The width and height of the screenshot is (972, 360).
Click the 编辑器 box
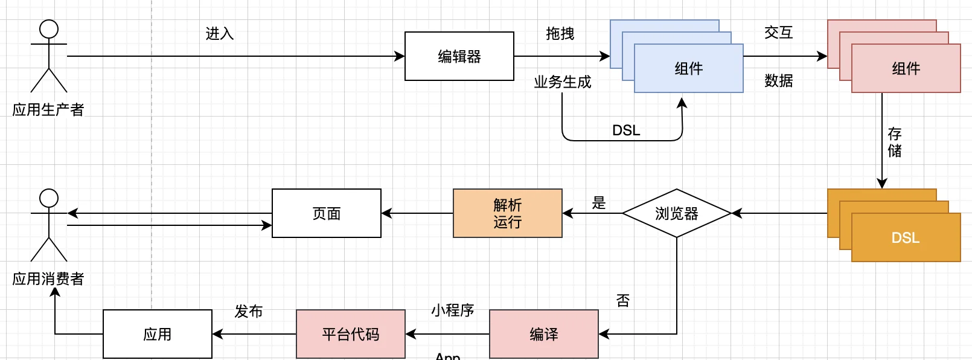(x=459, y=56)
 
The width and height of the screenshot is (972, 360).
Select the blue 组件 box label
(x=688, y=68)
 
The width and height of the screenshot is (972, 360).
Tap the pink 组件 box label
(x=906, y=68)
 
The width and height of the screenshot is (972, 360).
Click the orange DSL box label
(x=906, y=237)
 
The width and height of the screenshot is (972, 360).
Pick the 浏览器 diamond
(x=676, y=213)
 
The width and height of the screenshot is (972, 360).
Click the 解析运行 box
(x=507, y=213)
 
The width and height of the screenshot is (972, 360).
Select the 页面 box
(x=326, y=213)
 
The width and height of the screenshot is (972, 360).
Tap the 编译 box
(x=543, y=334)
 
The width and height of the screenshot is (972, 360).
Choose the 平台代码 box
(x=350, y=334)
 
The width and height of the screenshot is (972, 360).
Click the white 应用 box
(x=157, y=334)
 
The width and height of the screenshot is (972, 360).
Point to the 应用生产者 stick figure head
(x=49, y=29)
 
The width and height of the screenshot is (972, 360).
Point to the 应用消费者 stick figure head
(x=49, y=198)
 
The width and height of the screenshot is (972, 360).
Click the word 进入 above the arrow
(x=220, y=33)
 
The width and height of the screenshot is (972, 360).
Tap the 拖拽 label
(x=560, y=33)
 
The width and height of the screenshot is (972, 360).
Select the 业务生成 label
(x=562, y=82)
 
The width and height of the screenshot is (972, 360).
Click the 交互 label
(x=778, y=33)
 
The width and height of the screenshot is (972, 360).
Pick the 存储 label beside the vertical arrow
(x=894, y=142)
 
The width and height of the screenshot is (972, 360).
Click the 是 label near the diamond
(x=598, y=203)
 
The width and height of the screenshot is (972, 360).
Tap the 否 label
(x=622, y=300)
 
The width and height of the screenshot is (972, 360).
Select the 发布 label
(x=249, y=311)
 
